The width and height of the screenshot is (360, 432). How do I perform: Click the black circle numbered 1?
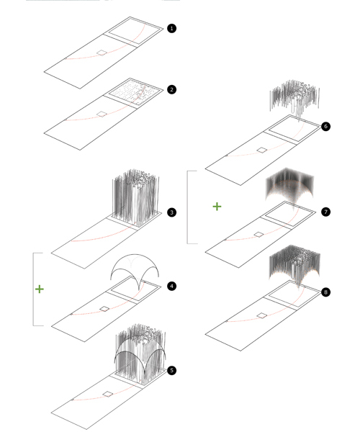point(171,28)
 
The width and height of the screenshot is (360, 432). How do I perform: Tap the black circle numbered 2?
point(171,89)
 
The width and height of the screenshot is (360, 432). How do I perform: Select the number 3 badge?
point(171,212)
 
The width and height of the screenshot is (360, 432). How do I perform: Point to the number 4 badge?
point(171,286)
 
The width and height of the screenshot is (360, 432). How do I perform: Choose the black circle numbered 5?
point(171,370)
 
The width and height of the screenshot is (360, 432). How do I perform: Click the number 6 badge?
point(326,126)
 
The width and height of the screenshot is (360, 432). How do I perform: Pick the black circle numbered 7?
point(326,212)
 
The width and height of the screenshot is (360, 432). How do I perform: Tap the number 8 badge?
point(326,292)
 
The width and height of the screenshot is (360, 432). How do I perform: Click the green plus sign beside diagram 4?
point(40,289)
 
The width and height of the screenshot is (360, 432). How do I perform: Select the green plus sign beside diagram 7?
point(217,207)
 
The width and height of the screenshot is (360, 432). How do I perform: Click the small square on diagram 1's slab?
point(102,53)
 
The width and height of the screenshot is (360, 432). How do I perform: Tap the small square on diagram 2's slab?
point(102,114)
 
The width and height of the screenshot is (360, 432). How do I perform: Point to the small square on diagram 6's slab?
point(262,150)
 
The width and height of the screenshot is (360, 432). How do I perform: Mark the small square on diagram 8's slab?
point(262,315)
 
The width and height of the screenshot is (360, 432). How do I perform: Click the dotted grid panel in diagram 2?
point(136,93)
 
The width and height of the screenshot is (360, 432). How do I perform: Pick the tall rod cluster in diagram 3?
point(135,197)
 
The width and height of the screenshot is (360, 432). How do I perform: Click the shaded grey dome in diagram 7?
point(289,187)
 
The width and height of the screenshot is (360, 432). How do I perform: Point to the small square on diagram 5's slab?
point(108,395)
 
